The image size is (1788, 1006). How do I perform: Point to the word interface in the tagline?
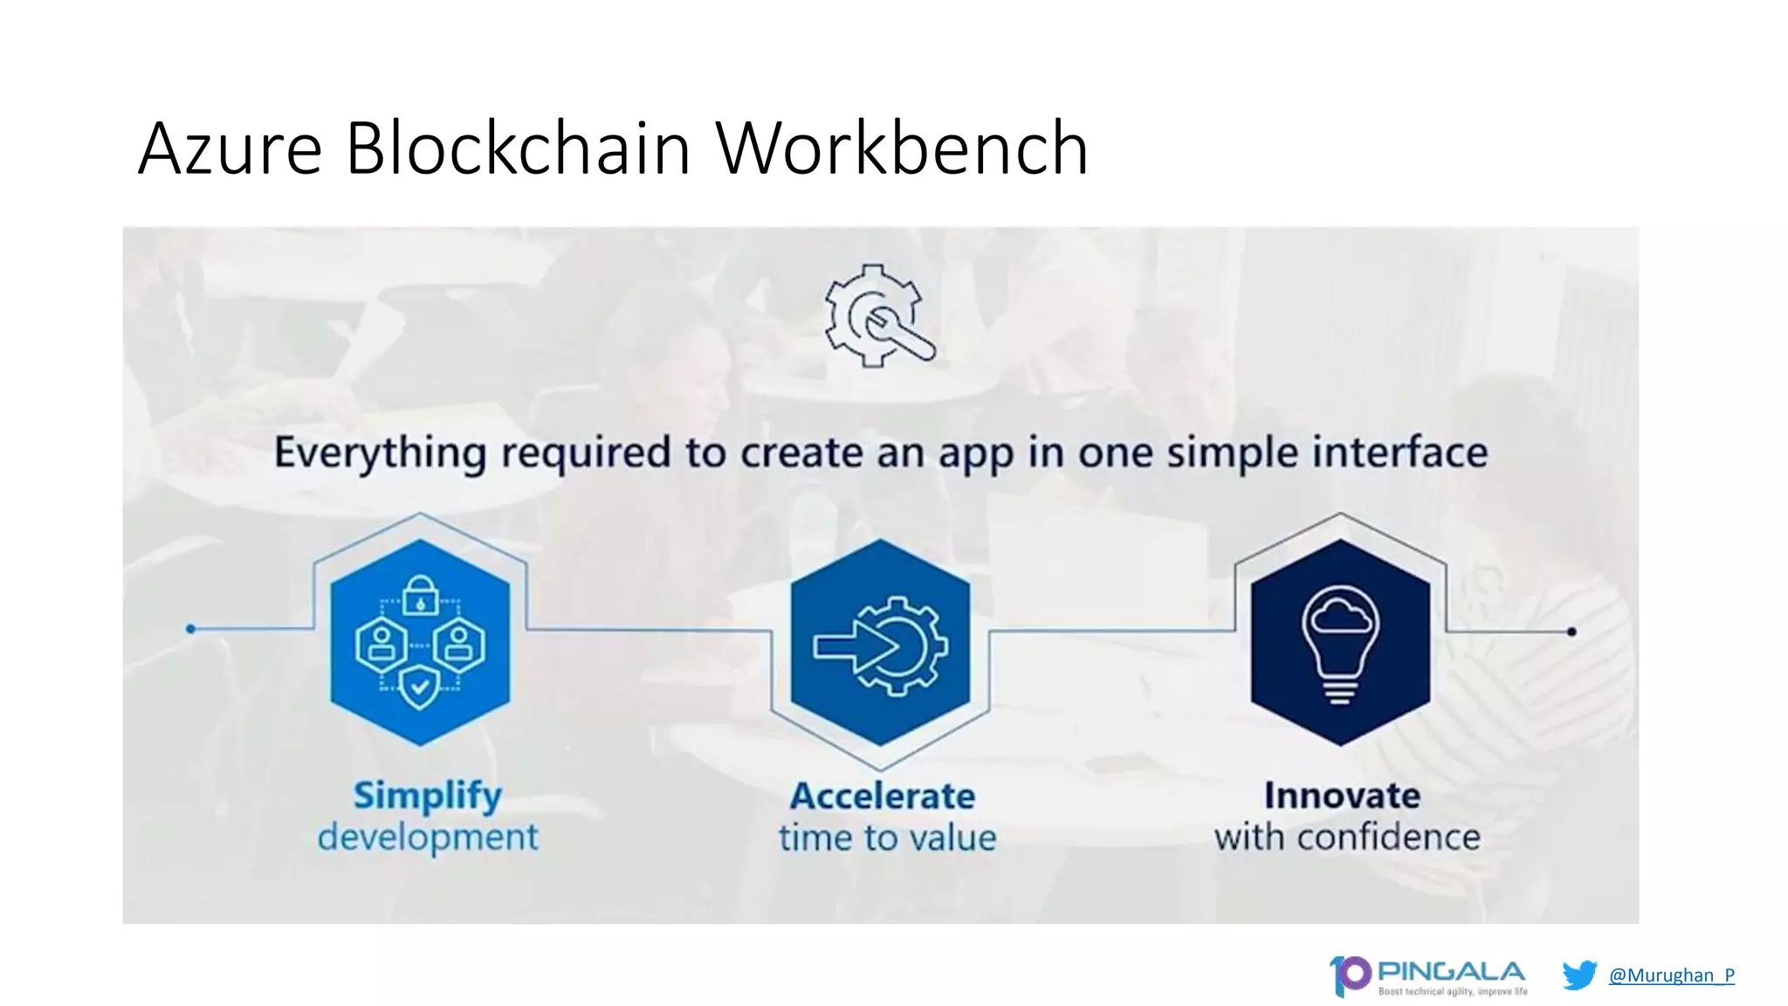(x=1400, y=451)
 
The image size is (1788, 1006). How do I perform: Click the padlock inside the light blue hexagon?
(x=421, y=596)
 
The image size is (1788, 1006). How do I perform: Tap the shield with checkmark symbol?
(x=420, y=686)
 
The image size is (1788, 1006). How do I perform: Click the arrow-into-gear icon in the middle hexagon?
(x=880, y=645)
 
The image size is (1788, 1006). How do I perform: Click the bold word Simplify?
(x=427, y=796)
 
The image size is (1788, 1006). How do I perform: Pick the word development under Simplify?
(x=427, y=837)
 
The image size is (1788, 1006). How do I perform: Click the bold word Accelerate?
(x=883, y=796)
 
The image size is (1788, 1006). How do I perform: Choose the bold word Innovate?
(x=1342, y=796)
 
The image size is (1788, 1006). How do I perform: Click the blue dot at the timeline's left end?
(x=191, y=629)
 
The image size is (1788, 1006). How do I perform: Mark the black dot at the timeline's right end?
(x=1571, y=631)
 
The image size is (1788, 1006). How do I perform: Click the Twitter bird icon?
(x=1578, y=975)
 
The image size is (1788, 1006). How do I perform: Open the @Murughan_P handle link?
(x=1671, y=975)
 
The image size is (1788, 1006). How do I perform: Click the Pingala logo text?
(x=1451, y=971)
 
